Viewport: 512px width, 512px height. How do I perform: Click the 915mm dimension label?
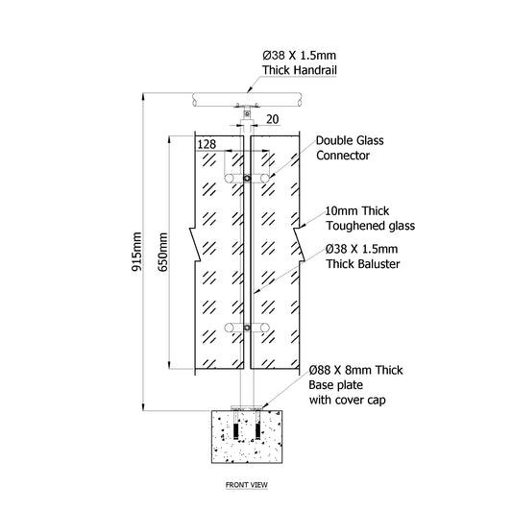136,252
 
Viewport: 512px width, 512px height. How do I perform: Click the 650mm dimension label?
162,252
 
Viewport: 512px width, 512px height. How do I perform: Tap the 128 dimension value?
207,144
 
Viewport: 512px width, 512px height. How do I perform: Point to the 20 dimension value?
272,119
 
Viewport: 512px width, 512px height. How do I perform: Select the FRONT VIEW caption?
247,485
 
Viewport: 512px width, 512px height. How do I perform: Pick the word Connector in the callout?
343,156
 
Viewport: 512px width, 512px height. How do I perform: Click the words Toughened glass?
370,226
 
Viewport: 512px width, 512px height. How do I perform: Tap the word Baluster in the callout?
379,264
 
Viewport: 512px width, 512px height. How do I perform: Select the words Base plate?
335,385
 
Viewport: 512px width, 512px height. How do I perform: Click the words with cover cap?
348,400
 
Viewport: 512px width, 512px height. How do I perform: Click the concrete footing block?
247,437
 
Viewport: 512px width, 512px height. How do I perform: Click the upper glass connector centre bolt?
247,179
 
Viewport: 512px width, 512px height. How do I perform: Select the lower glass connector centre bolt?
247,328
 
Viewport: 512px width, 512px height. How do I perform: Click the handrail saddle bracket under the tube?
247,106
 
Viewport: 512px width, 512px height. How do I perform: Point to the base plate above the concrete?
247,408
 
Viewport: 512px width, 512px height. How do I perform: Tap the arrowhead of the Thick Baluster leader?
256,291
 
